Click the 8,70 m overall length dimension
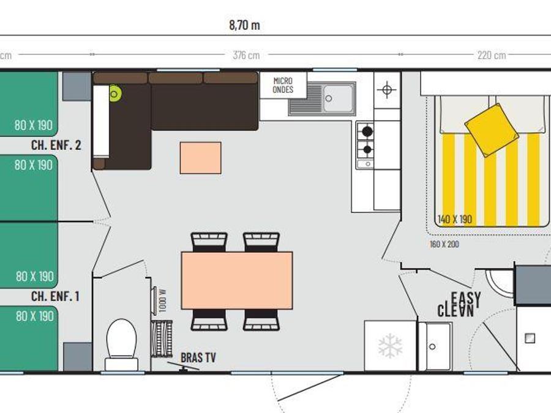244,25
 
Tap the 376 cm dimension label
246,55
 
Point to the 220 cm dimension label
492,55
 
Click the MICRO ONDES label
283,85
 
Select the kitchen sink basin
338,98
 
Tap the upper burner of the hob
367,132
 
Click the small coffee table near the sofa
201,158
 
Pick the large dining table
237,280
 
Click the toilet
121,344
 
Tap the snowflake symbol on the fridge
390,346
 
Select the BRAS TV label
198,357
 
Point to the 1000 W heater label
162,301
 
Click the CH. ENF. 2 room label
56,145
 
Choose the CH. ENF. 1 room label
56,296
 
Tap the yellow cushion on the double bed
491,130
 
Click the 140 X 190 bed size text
455,220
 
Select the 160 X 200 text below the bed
444,244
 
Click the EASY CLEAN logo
459,304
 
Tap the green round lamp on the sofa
114,94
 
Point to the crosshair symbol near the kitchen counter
387,90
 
